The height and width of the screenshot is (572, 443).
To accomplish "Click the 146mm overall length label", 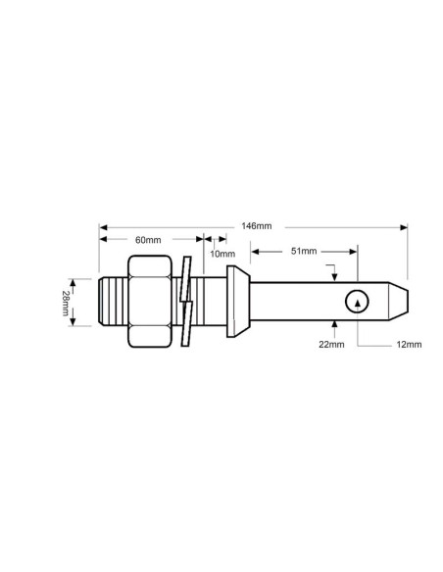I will (x=256, y=225).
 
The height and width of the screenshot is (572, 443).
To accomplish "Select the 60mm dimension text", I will (x=147, y=238).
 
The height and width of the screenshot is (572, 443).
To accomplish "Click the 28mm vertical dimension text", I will (x=66, y=303).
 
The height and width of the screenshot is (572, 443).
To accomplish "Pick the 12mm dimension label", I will (x=408, y=344).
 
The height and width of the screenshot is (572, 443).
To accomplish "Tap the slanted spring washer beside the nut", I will (x=186, y=302).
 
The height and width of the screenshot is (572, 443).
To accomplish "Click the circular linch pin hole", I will (x=358, y=303).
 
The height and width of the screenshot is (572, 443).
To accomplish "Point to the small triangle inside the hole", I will (x=358, y=304).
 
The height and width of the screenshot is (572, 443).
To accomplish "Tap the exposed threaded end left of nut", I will (x=113, y=302).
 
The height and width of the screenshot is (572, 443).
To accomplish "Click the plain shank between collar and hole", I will (x=294, y=302).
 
